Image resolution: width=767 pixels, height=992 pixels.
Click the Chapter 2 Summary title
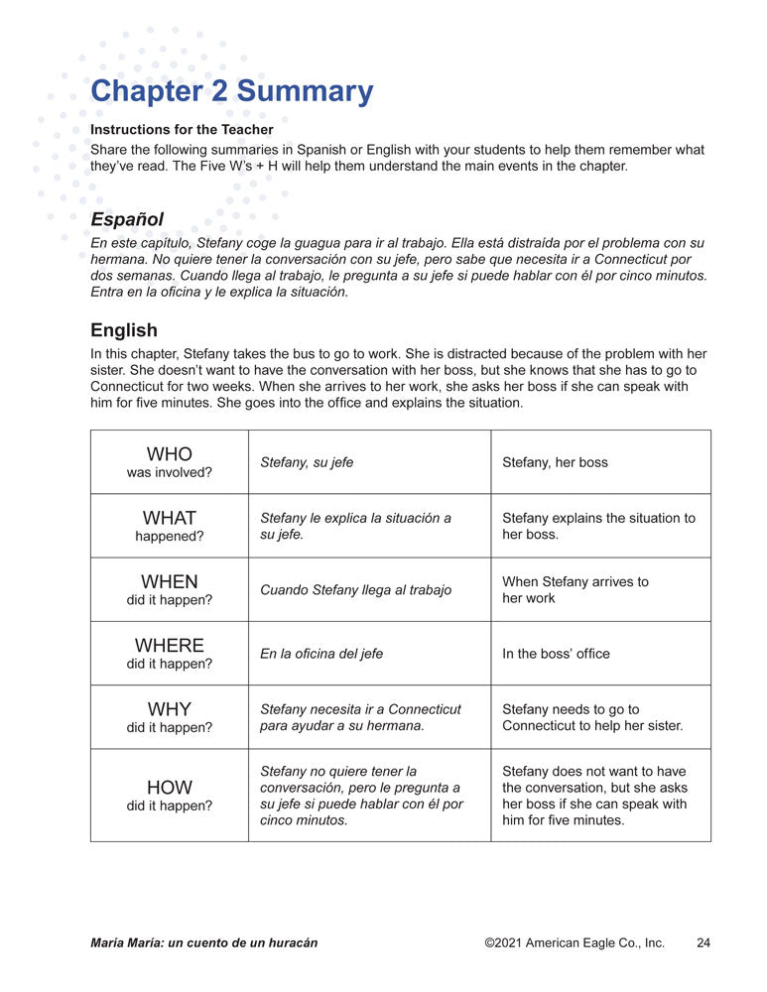(231, 91)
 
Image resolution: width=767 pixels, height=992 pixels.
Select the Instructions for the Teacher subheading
(182, 130)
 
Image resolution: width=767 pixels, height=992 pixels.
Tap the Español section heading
(127, 219)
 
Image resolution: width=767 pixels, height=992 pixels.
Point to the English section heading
(124, 330)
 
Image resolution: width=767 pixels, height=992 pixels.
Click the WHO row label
(169, 455)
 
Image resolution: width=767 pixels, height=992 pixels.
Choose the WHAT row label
(169, 518)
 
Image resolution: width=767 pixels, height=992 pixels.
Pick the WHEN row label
(169, 582)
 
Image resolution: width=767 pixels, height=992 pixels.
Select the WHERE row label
(169, 646)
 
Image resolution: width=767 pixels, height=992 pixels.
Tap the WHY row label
(169, 709)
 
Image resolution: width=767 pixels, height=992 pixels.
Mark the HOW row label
(169, 789)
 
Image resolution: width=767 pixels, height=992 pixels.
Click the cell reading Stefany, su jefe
(307, 462)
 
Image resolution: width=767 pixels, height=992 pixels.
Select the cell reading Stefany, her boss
(555, 462)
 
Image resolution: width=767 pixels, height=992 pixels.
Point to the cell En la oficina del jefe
(321, 654)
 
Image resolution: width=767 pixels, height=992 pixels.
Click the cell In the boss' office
(556, 654)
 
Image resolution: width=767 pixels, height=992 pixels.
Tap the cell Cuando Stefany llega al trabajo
(355, 590)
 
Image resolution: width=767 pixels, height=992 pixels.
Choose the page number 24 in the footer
(703, 942)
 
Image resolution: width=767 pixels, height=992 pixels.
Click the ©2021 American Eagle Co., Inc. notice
(575, 942)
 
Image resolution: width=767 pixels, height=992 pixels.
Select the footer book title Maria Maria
(203, 942)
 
